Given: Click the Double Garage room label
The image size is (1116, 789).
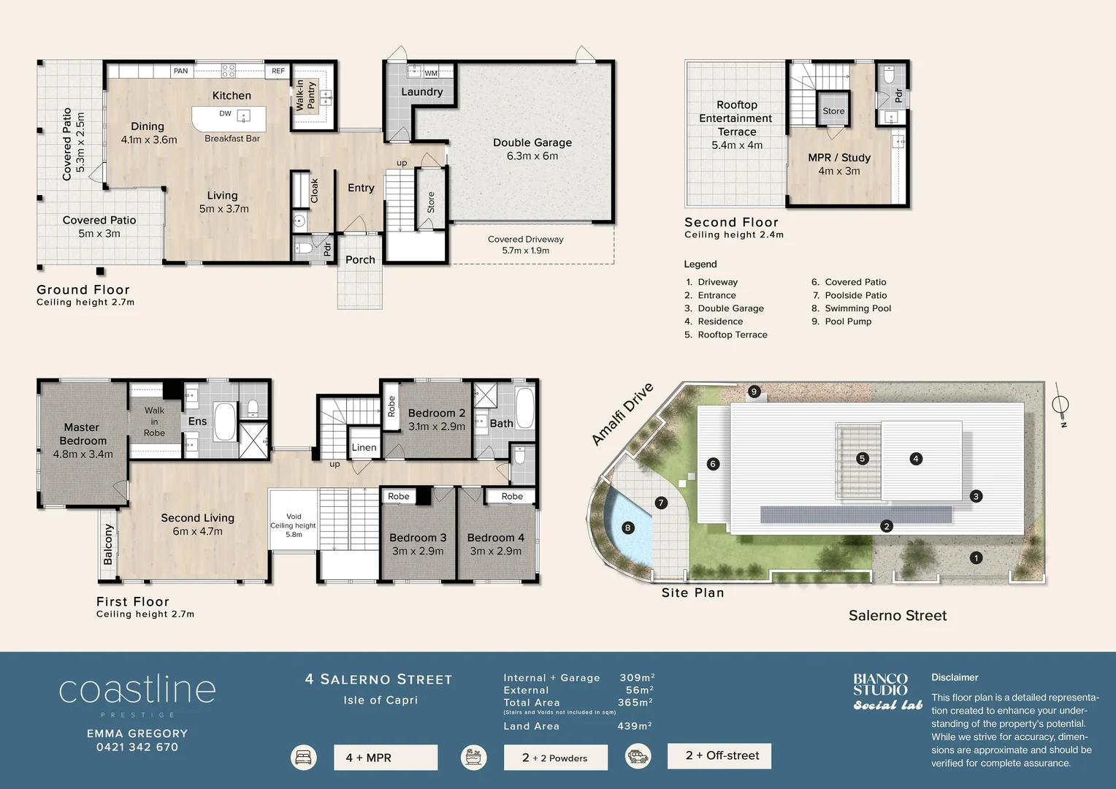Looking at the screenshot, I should pos(532,149).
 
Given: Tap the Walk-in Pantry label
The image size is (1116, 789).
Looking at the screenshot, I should pos(305,96).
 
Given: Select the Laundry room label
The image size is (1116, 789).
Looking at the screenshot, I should pos(421,92).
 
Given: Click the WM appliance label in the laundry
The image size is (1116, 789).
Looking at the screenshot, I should pos(431,73).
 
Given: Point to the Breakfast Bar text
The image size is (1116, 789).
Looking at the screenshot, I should pos(232,138).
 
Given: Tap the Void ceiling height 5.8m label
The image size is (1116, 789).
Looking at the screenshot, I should pos(294,525).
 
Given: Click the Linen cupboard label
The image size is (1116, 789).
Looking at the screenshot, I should pos(364,448).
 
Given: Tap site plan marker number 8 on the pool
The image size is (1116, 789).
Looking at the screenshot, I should pos(627,527).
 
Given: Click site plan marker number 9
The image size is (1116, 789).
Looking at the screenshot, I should pos(754,392).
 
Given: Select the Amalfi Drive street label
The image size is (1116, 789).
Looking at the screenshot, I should pos(622,413).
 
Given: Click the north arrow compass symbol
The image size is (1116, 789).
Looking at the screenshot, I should pos(1060,404).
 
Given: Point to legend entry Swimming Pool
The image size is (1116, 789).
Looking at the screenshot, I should pos(857,308).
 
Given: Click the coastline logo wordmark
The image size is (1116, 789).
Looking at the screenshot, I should pos(137,690).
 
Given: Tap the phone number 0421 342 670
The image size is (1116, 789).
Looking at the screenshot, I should pos(137,747).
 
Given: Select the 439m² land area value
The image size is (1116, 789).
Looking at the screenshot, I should pos(634,726).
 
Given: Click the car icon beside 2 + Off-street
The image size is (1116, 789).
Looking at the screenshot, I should pos(638,757).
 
